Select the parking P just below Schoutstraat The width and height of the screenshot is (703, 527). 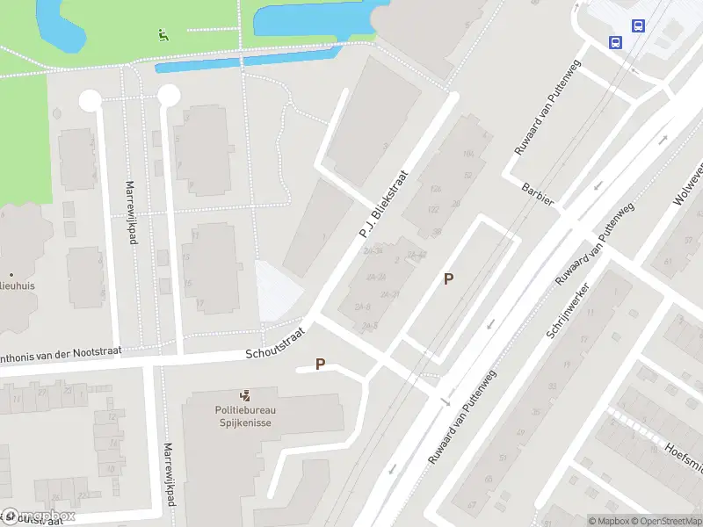(320, 364)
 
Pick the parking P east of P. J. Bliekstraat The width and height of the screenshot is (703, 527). (448, 279)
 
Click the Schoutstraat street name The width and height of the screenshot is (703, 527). (276, 345)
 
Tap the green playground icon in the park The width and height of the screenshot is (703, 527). (163, 36)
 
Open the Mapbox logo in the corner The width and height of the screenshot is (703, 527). (39, 516)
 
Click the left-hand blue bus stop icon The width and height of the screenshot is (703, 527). (615, 41)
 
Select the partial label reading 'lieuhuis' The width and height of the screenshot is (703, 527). (18, 285)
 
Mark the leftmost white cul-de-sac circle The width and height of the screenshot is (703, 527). (90, 101)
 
